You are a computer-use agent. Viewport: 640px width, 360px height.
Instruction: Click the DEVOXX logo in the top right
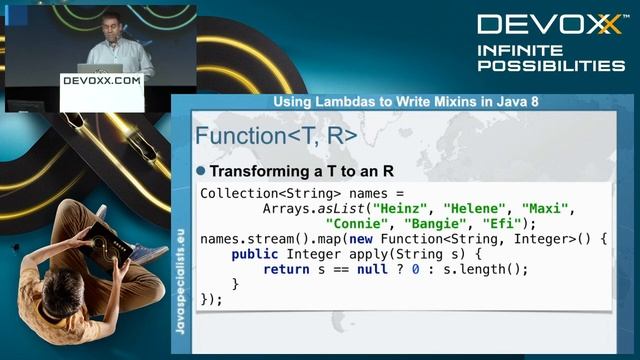[549, 25]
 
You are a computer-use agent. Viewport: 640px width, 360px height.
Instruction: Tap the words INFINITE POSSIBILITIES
[550, 58]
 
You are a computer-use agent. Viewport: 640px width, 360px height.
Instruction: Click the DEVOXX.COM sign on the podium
[101, 80]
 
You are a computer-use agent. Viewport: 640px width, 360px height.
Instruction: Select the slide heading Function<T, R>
[276, 136]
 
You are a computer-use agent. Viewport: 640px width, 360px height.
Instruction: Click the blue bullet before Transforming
[200, 172]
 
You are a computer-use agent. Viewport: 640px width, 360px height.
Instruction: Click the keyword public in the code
[255, 254]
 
